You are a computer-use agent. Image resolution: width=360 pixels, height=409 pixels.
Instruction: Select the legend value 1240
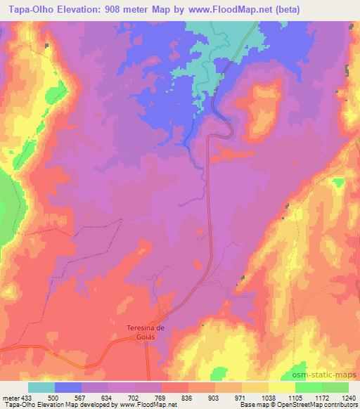tap(348, 397)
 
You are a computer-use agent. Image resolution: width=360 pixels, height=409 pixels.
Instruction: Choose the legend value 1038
tap(267, 397)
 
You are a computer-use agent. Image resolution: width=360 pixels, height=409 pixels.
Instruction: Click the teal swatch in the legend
tap(41, 387)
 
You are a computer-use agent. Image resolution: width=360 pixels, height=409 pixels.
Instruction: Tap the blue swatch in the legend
tap(68, 387)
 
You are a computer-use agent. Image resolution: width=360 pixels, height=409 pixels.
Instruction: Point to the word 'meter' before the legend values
tap(9, 397)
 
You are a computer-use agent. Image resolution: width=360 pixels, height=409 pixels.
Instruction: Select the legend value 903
tap(215, 397)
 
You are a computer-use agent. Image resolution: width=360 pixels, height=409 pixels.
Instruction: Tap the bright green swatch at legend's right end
tap(335, 387)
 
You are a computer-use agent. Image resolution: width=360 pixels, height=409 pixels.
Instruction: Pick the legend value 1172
tap(320, 397)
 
